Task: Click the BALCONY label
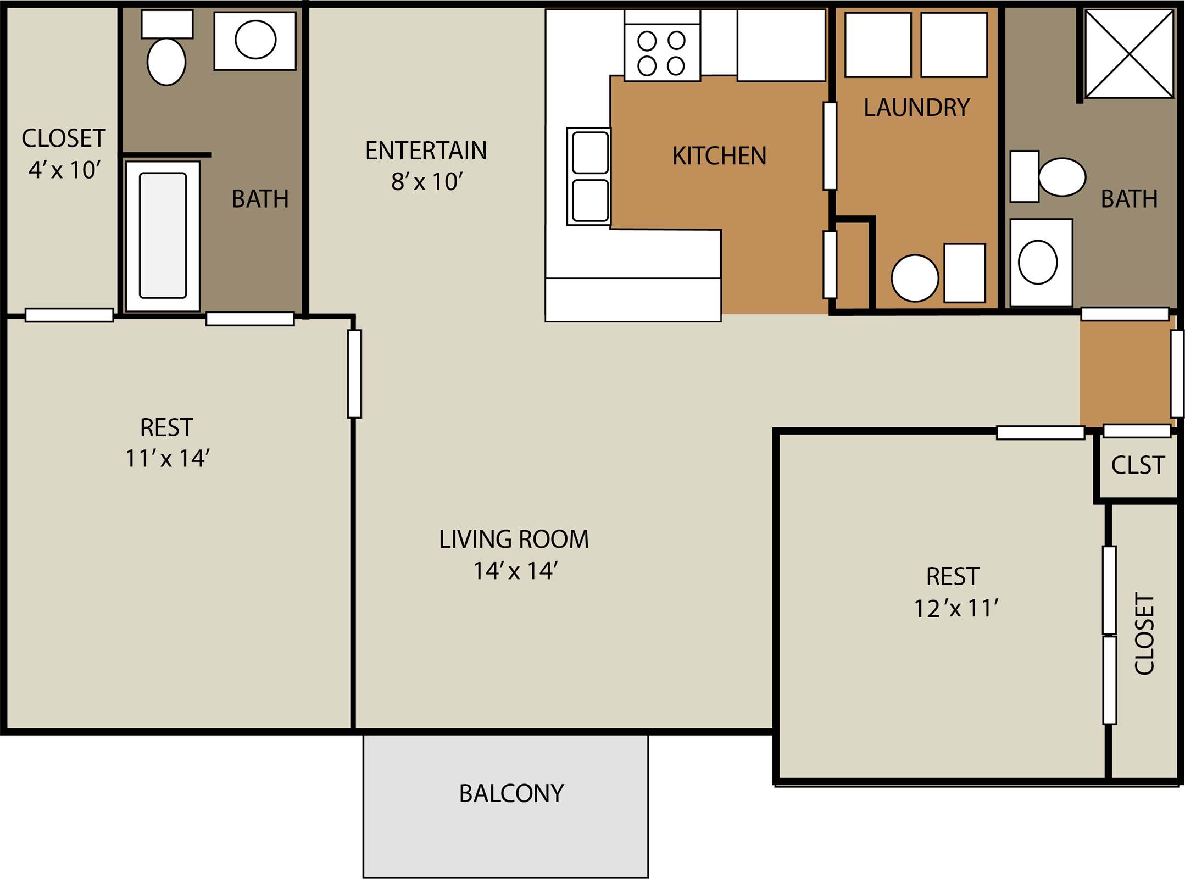point(511,793)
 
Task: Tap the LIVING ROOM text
point(514,539)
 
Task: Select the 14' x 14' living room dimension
point(515,571)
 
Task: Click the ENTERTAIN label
point(426,151)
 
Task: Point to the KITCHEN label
point(719,156)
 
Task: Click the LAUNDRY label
point(916,107)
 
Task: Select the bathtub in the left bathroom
point(163,236)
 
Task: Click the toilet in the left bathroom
point(166,60)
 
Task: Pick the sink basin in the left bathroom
point(255,40)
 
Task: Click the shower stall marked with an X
point(1129,54)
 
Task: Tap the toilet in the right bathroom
point(1061,177)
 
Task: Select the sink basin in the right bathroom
point(1037,263)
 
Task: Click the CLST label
point(1137,465)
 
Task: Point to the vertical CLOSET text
point(1144,633)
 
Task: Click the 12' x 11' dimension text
point(955,608)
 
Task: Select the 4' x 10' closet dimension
point(64,170)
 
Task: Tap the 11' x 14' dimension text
point(167,458)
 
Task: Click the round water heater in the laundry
point(915,278)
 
